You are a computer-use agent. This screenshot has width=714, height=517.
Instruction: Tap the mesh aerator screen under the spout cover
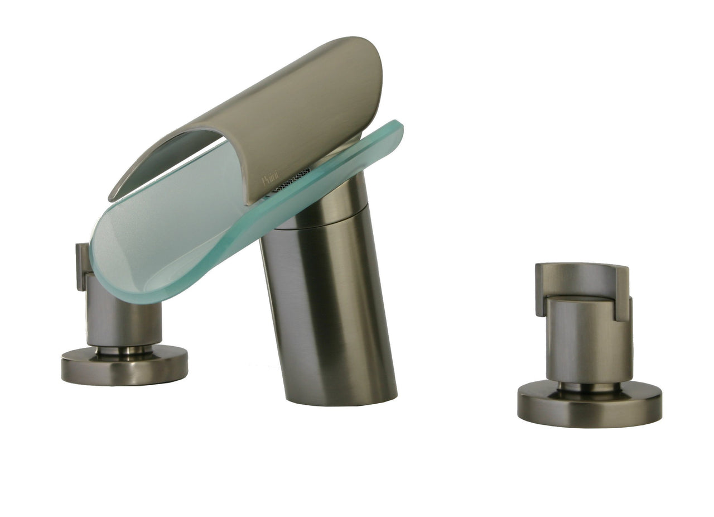(x=293, y=180)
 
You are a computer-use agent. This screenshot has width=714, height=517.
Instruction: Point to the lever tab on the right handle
(x=622, y=293)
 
